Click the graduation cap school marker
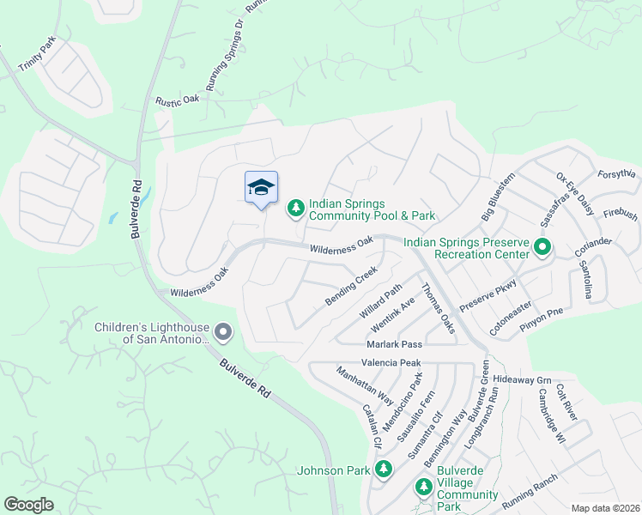[262, 187]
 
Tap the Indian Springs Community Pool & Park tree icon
[295, 208]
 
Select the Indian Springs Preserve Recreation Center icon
[542, 248]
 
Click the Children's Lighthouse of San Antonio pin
[223, 331]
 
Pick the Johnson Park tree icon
[384, 470]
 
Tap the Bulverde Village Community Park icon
[423, 488]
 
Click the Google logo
[29, 505]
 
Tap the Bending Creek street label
[351, 287]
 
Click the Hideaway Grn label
[522, 379]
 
